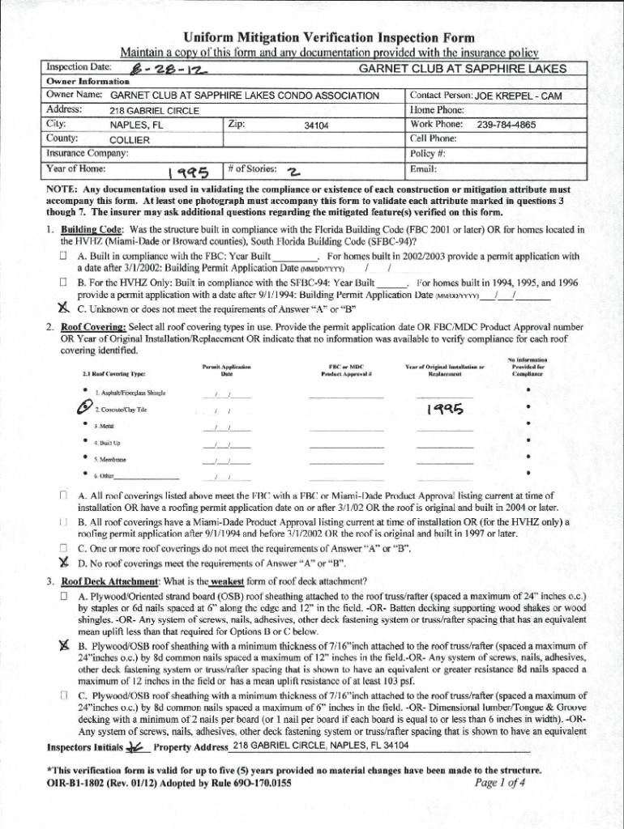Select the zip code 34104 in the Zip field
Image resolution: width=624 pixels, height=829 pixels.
coord(316,125)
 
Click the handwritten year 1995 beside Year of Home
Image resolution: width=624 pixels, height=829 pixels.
coord(187,171)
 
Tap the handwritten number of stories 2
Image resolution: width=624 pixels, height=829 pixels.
coord(293,170)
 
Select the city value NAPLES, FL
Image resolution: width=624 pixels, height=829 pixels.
coord(136,125)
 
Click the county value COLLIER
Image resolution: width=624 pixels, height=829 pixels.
coord(129,140)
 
